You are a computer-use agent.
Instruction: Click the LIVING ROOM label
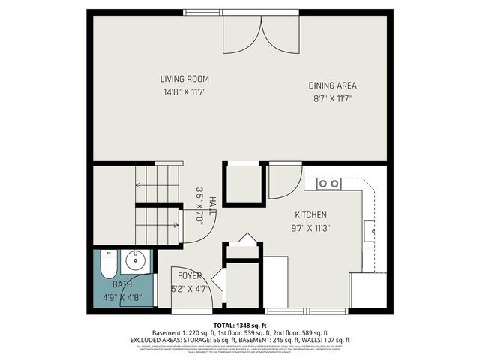pos(184,79)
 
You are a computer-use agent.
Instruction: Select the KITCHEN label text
pos(311,214)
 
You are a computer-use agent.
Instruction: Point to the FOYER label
pos(189,276)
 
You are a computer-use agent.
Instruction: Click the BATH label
pos(121,284)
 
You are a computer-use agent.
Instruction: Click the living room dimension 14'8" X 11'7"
pos(184,91)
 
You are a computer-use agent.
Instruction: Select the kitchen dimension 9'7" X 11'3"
pos(311,228)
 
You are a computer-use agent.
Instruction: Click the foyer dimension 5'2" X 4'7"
pos(189,289)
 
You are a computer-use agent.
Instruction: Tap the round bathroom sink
pos(136,262)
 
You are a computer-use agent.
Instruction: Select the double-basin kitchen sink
pos(328,184)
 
